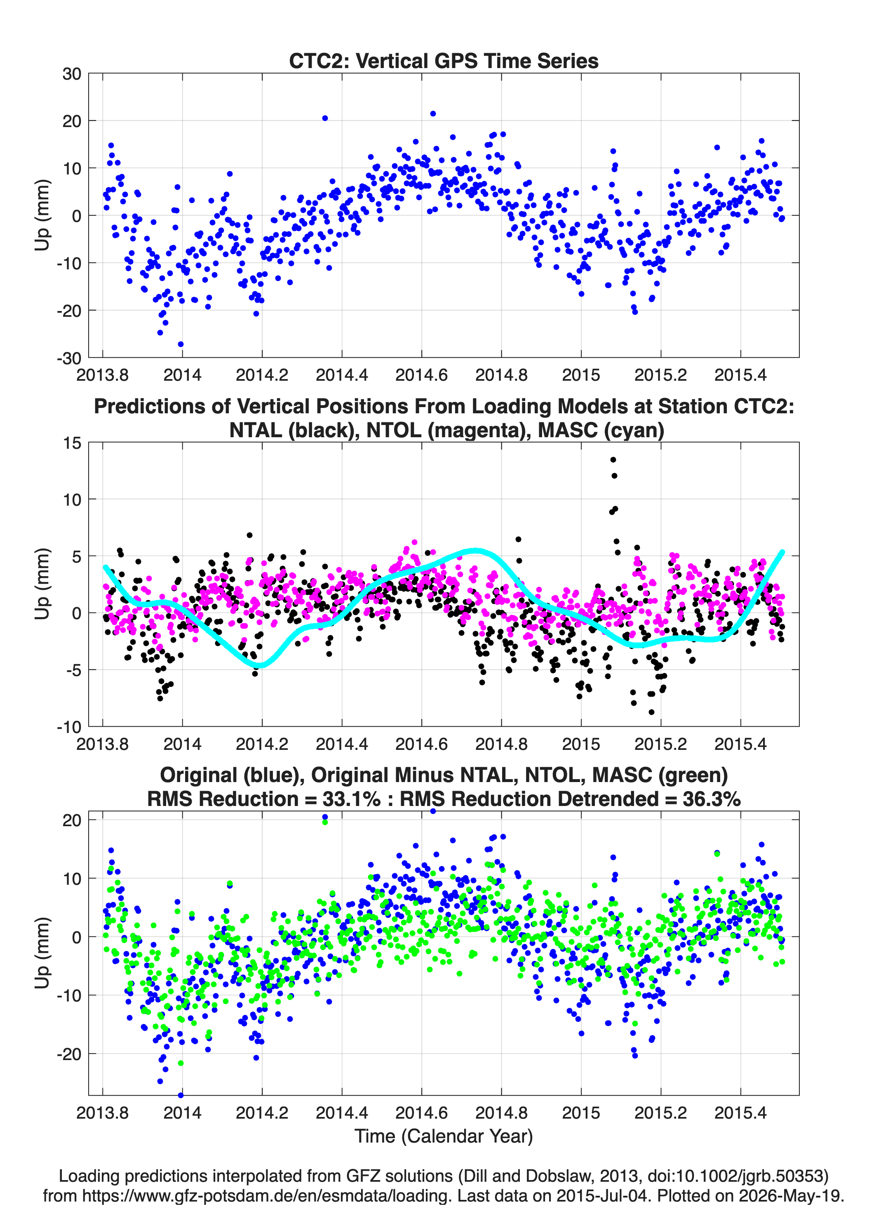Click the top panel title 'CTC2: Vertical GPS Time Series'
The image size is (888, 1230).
tap(444, 61)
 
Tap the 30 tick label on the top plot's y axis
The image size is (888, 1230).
tap(72, 74)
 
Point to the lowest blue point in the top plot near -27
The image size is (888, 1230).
tap(181, 344)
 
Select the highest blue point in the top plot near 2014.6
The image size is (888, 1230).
tap(432, 114)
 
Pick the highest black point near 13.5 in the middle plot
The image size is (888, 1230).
tap(613, 459)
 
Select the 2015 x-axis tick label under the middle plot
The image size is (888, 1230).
tap(581, 744)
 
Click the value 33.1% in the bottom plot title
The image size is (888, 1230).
tap(351, 799)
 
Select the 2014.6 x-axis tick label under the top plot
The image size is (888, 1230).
tap(422, 375)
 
